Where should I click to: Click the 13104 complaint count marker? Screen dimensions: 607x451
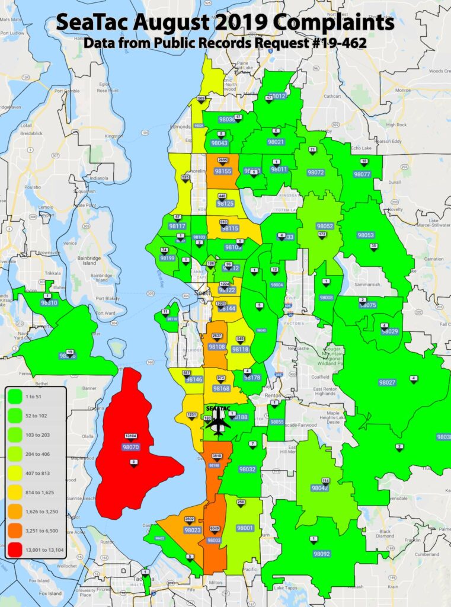click(131, 436)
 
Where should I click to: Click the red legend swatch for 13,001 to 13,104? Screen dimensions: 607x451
click(18, 548)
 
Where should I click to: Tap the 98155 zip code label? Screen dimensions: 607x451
click(222, 171)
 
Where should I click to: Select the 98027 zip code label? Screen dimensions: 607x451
click(386, 383)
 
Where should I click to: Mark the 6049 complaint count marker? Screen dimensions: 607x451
click(214, 529)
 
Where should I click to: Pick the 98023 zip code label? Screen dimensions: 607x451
click(192, 531)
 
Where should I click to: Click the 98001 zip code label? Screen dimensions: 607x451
click(245, 528)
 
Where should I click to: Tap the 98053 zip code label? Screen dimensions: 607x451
click(365, 235)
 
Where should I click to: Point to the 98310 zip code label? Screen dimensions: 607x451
click(49, 303)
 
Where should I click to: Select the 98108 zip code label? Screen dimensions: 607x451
click(217, 347)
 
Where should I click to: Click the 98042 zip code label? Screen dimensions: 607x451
click(320, 488)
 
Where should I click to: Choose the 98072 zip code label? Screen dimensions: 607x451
click(316, 172)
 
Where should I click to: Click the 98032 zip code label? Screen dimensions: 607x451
click(247, 469)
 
